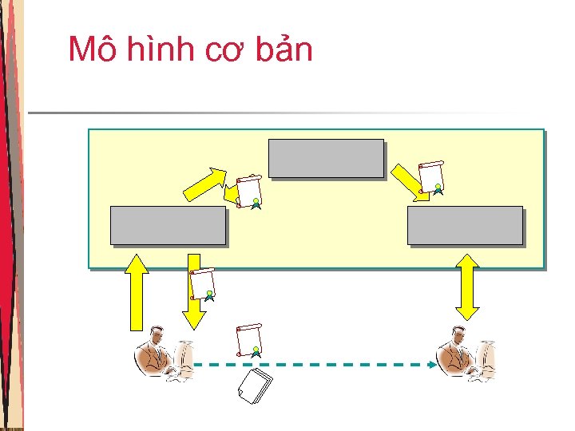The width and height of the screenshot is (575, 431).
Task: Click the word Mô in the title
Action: point(88,49)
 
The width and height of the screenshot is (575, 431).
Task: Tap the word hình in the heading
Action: point(153,49)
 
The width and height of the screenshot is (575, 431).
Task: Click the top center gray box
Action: point(326,158)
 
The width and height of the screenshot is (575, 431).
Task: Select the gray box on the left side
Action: point(168,225)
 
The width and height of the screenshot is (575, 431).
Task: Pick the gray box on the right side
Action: point(465,225)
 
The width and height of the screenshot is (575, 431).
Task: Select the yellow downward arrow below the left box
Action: point(193,291)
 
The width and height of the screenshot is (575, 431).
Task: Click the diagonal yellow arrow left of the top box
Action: point(205,184)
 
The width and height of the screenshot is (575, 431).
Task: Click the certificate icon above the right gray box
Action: point(431,177)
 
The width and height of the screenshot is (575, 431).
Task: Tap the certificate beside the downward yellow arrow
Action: point(204,284)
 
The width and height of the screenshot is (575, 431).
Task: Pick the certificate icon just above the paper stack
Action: point(249,340)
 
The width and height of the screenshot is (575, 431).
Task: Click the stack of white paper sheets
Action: point(256,387)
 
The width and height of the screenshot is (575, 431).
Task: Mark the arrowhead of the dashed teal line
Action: point(432,365)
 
